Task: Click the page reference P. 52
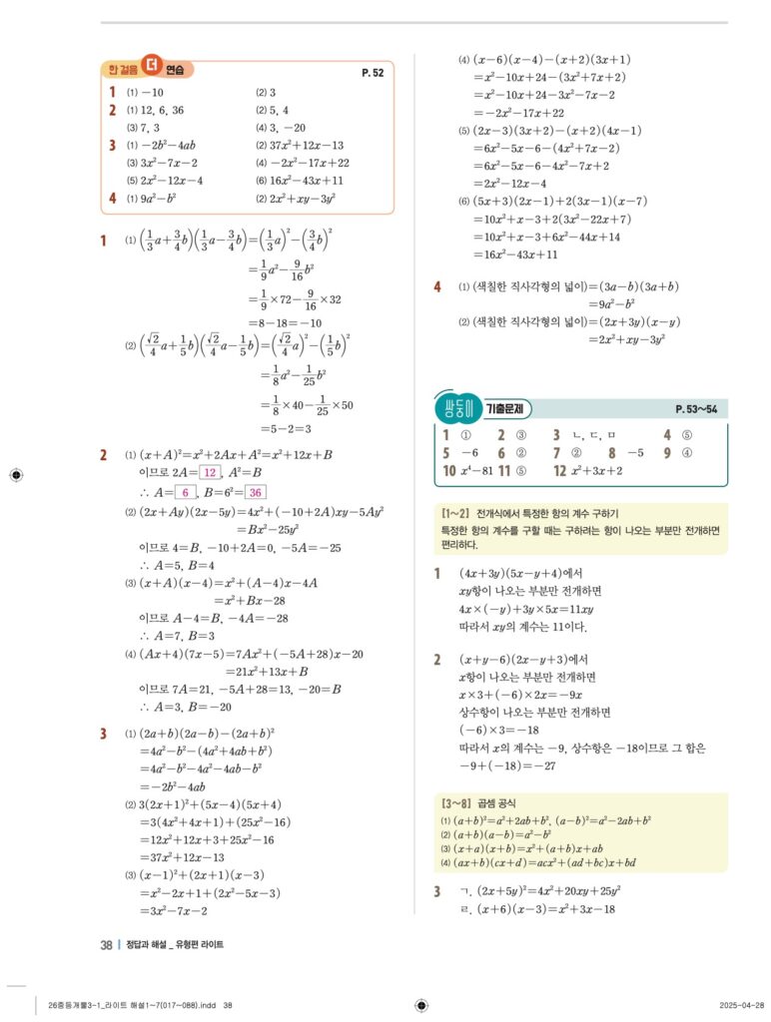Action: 373,73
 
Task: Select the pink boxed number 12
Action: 210,472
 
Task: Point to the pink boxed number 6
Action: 186,492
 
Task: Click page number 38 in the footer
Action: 106,944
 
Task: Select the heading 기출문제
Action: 510,409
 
